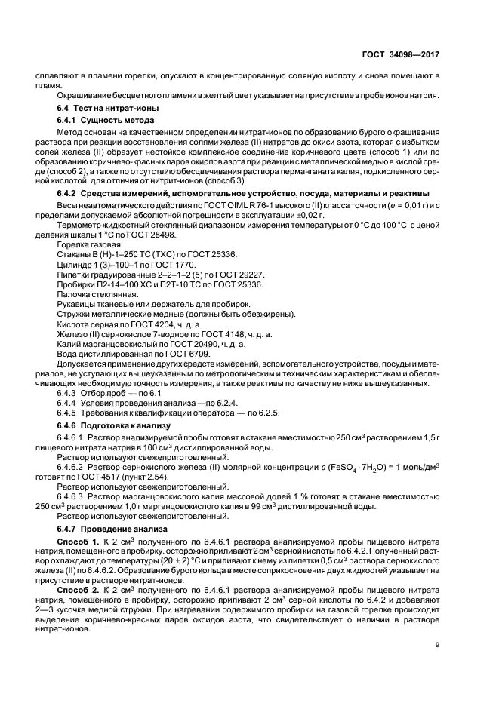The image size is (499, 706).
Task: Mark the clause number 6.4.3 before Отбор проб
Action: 71,393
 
